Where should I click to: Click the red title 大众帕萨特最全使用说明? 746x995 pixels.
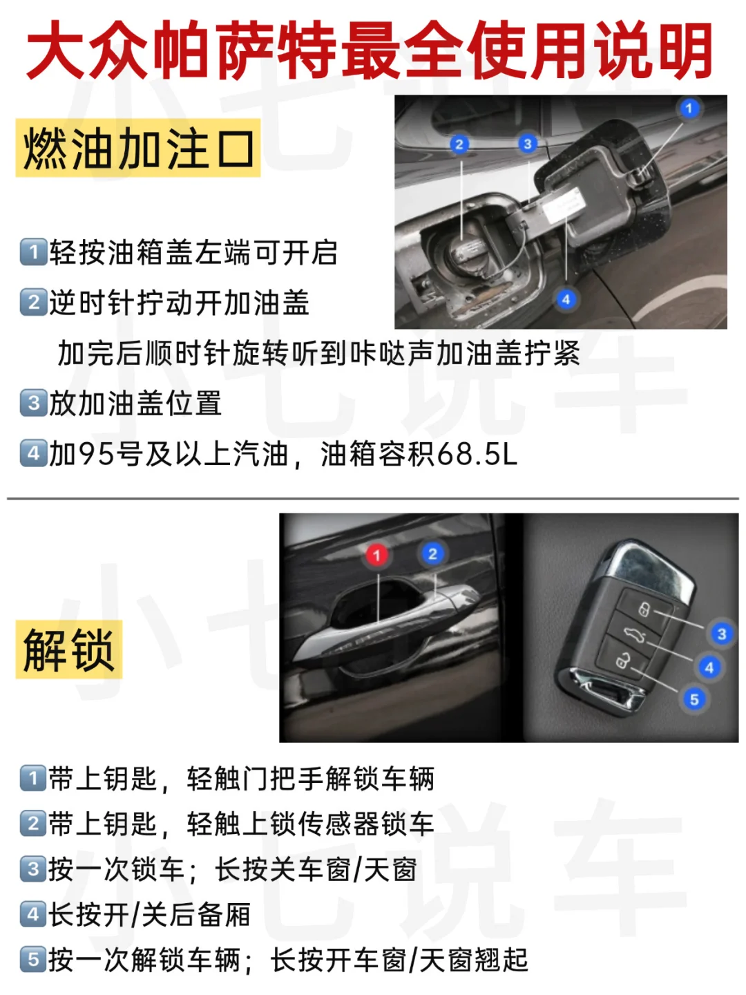pos(369,49)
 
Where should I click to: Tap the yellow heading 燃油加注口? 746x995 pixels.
pos(137,147)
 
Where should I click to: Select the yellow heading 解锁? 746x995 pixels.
pos(69,649)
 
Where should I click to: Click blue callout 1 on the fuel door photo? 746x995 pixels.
pos(689,108)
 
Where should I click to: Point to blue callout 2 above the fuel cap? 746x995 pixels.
pos(459,144)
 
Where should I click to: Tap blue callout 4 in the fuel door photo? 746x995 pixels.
pos(566,299)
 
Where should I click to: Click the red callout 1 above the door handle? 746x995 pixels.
pos(377,555)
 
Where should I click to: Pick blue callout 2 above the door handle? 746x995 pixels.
pos(432,553)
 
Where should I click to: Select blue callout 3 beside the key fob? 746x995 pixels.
pos(722,634)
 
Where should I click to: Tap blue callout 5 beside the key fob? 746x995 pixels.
pos(694,699)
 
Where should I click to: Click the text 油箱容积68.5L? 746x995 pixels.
pos(419,454)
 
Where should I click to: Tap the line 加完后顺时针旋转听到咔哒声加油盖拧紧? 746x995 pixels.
pos(319,353)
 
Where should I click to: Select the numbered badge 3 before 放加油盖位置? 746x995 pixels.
pos(34,403)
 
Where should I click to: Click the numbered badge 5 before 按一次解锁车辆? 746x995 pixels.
pos(34,960)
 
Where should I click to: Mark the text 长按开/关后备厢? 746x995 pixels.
pos(149,914)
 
